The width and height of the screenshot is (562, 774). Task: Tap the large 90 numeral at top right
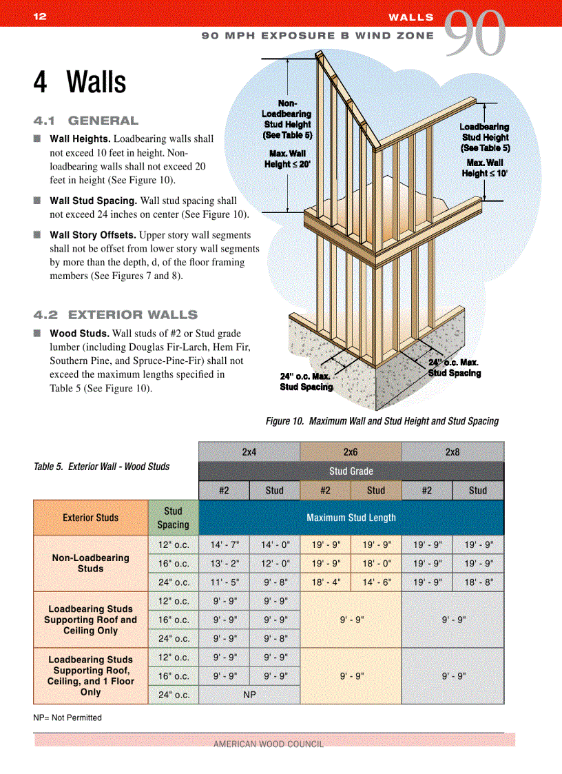(x=475, y=34)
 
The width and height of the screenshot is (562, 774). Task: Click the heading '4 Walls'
(x=80, y=83)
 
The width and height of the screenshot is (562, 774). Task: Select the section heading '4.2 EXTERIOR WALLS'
(x=116, y=315)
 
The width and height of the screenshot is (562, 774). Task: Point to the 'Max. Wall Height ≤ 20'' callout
(x=287, y=159)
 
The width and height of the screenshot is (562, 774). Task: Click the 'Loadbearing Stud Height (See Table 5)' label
(x=485, y=137)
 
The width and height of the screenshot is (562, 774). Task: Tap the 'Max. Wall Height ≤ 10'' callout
(x=485, y=168)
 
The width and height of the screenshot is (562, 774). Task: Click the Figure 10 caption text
(x=382, y=421)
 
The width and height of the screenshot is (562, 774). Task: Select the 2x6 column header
(x=350, y=451)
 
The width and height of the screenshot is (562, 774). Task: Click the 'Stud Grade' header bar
(x=351, y=471)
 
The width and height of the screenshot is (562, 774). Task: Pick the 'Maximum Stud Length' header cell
(x=351, y=518)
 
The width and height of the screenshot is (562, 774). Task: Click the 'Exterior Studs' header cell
(x=90, y=518)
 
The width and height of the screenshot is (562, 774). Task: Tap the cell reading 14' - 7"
(x=224, y=544)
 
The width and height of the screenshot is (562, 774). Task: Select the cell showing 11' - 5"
(x=224, y=582)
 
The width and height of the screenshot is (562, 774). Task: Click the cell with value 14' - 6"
(x=375, y=582)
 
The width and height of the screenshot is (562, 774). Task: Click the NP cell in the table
(x=249, y=695)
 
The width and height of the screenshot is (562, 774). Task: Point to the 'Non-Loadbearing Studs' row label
(x=90, y=563)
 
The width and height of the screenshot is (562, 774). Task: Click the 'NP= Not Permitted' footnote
(x=67, y=717)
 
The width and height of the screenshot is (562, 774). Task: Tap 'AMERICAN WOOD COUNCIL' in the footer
(x=269, y=744)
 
